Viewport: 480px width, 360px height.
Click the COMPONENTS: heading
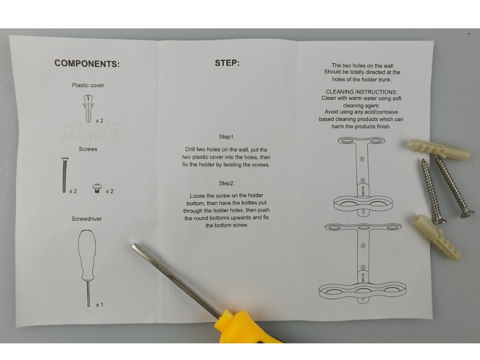[x=87, y=64]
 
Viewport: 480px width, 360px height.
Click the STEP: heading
[x=227, y=63]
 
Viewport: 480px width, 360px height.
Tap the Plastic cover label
[x=88, y=85]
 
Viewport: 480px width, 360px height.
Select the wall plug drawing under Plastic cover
[x=88, y=109]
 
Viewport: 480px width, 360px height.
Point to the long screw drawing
[x=65, y=175]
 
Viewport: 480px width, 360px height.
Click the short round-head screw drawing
[x=97, y=188]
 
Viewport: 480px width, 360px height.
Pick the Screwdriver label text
[x=86, y=218]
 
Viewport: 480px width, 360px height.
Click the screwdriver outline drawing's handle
[x=87, y=254]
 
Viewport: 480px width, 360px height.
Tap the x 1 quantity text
[x=100, y=305]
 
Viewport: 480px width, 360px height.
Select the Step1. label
[x=227, y=137]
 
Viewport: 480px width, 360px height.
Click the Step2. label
[x=227, y=183]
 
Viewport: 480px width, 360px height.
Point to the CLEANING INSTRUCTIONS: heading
[x=362, y=92]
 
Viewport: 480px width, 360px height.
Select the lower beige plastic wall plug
[x=437, y=236]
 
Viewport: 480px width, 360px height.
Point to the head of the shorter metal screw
[x=439, y=220]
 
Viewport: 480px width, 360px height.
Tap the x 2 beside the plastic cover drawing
[x=100, y=121]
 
